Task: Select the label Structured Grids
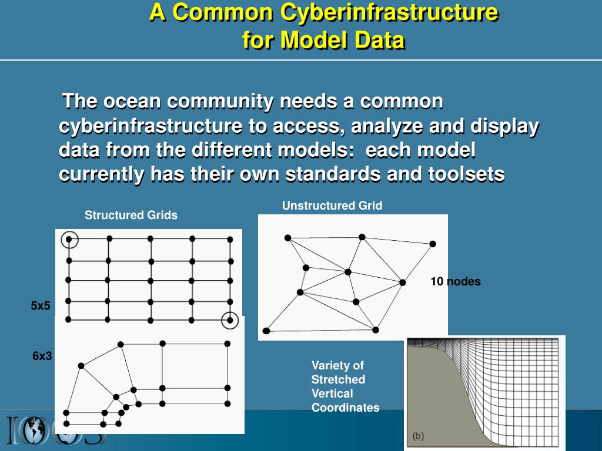[131, 215]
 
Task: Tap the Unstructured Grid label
[332, 205]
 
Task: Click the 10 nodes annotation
[455, 281]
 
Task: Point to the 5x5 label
[41, 305]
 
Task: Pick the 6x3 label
[42, 356]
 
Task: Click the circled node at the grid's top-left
[69, 239]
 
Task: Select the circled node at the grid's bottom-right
[230, 320]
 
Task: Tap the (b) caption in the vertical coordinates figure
[418, 436]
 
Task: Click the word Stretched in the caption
[338, 379]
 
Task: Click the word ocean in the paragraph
[132, 101]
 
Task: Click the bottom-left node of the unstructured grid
[266, 331]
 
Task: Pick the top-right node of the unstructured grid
[433, 244]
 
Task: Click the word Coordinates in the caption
[345, 408]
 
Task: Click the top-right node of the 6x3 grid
[228, 344]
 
